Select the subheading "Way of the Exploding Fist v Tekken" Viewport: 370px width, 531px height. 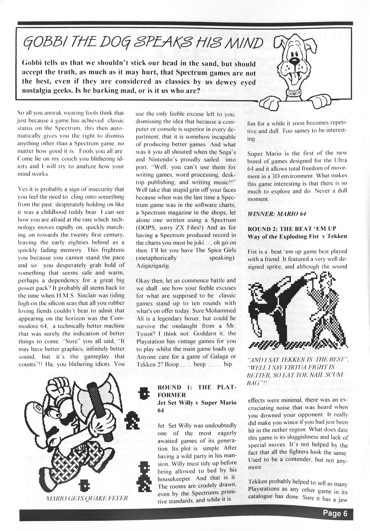[x=297, y=236]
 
